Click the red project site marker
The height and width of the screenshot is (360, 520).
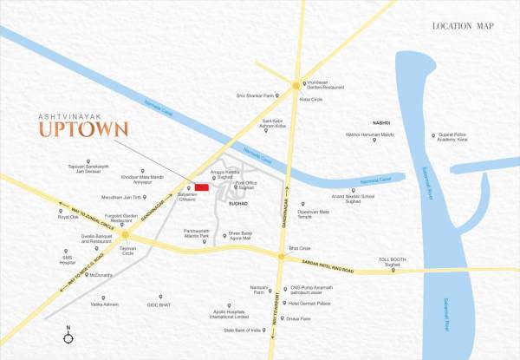(201, 187)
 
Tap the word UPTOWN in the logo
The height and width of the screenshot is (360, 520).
(84, 130)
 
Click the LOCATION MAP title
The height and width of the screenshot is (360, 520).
(463, 26)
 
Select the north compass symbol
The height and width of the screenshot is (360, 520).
(68, 331)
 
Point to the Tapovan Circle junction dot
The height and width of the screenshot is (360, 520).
(126, 235)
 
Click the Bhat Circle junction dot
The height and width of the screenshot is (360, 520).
(280, 256)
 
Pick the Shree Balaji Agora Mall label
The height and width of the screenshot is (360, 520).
(246, 234)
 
